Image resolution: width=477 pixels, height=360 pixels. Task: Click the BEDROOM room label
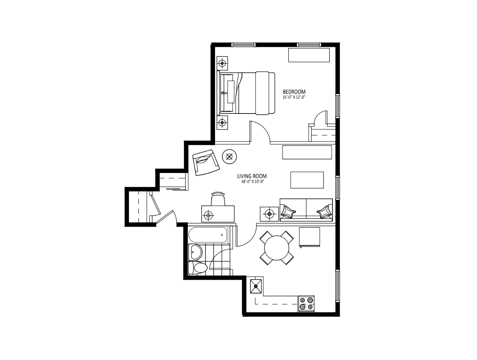pyautogui.click(x=294, y=92)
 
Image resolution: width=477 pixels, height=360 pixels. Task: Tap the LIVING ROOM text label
pyautogui.click(x=252, y=176)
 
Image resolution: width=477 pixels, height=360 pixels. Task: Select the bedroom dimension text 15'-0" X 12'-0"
pyautogui.click(x=294, y=97)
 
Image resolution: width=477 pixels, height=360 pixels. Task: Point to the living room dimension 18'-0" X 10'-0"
pyautogui.click(x=252, y=181)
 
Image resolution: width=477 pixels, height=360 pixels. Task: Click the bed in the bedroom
pyautogui.click(x=246, y=93)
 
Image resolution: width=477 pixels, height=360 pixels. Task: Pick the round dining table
pyautogui.click(x=277, y=248)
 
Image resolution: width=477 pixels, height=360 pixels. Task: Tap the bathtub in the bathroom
pyautogui.click(x=208, y=235)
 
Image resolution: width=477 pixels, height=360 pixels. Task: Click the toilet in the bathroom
pyautogui.click(x=198, y=268)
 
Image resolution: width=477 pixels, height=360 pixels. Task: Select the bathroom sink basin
pyautogui.click(x=195, y=252)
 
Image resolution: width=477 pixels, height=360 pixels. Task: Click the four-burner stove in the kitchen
pyautogui.click(x=307, y=303)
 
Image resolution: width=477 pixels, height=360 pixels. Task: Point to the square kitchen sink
pyautogui.click(x=256, y=286)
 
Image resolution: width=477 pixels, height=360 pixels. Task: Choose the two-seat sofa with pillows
pyautogui.click(x=306, y=210)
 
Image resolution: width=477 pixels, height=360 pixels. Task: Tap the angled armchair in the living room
pyautogui.click(x=206, y=163)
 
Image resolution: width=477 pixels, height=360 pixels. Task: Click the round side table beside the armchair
pyautogui.click(x=229, y=157)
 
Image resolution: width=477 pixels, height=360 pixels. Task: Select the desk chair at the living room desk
pyautogui.click(x=218, y=199)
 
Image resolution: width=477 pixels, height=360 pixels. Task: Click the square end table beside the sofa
pyautogui.click(x=269, y=214)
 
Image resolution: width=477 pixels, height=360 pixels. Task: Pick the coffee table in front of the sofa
pyautogui.click(x=307, y=180)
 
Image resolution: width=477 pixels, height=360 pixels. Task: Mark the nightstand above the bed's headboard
pyautogui.click(x=222, y=63)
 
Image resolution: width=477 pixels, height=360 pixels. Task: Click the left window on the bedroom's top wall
pyautogui.click(x=243, y=45)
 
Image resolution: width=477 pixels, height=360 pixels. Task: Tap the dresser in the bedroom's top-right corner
pyautogui.click(x=309, y=55)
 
